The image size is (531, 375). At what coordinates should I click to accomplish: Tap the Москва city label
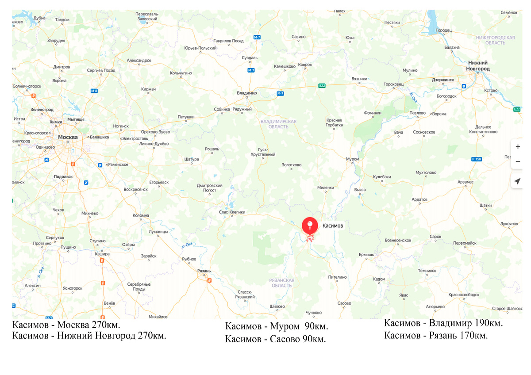pos(68,137)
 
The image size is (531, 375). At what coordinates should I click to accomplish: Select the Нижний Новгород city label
pos(478,66)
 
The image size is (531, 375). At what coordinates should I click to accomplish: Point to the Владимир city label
pos(247,93)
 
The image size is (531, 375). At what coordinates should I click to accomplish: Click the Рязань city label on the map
pos(204,271)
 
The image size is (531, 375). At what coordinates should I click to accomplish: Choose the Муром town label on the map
pos(353,159)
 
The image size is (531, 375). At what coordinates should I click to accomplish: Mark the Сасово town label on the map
pos(344,303)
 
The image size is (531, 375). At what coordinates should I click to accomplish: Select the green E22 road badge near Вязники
pos(322,86)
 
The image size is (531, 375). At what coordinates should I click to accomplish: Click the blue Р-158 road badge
pos(476,159)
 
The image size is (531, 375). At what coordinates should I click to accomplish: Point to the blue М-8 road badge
pos(94,91)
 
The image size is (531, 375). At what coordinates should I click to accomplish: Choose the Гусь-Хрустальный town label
pos(267,152)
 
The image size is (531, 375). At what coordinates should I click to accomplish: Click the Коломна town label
pos(141,216)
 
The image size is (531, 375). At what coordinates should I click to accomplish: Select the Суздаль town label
pos(250,58)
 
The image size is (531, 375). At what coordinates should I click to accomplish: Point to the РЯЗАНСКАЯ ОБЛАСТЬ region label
pos(281,283)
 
